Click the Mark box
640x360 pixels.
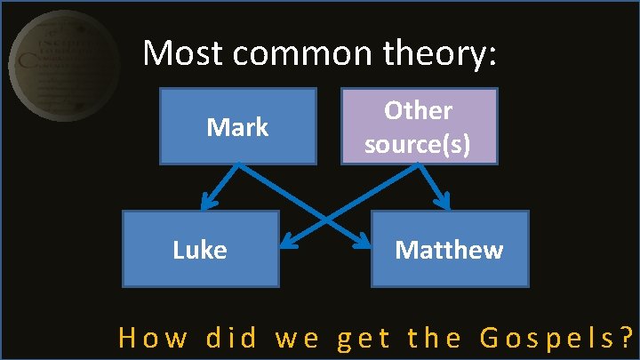tap(237, 126)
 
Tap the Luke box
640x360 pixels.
tap(201, 249)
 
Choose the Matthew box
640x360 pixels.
tap(449, 249)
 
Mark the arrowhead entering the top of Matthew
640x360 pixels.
tap(444, 204)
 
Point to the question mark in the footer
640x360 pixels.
tap(627, 338)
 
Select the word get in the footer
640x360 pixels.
tap(366, 340)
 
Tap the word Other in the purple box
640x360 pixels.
tap(418, 111)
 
